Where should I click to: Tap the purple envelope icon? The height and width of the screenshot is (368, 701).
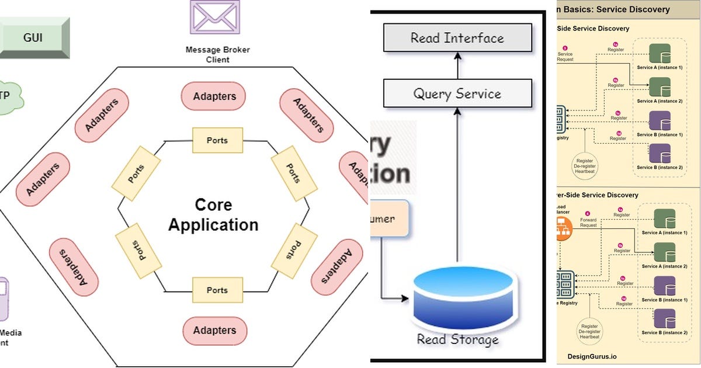(x=214, y=17)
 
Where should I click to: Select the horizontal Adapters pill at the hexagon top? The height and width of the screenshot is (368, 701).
(x=214, y=96)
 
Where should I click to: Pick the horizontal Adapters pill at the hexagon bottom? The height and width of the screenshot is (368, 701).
(x=214, y=330)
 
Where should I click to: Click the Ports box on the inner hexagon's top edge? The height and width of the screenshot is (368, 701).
(x=217, y=140)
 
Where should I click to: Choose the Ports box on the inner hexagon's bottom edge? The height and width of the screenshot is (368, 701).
(x=217, y=290)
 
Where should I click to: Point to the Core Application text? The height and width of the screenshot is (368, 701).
(x=213, y=215)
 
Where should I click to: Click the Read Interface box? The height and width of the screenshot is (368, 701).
(x=457, y=39)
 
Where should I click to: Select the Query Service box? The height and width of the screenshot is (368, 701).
(x=457, y=93)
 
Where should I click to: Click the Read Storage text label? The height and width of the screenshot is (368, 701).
(x=457, y=339)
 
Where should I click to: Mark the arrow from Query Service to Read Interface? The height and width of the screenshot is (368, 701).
(x=457, y=66)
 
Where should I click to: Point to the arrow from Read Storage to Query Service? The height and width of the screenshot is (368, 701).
(x=457, y=187)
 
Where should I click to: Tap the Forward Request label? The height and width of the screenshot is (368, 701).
(x=588, y=223)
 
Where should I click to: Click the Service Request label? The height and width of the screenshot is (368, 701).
(x=565, y=57)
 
